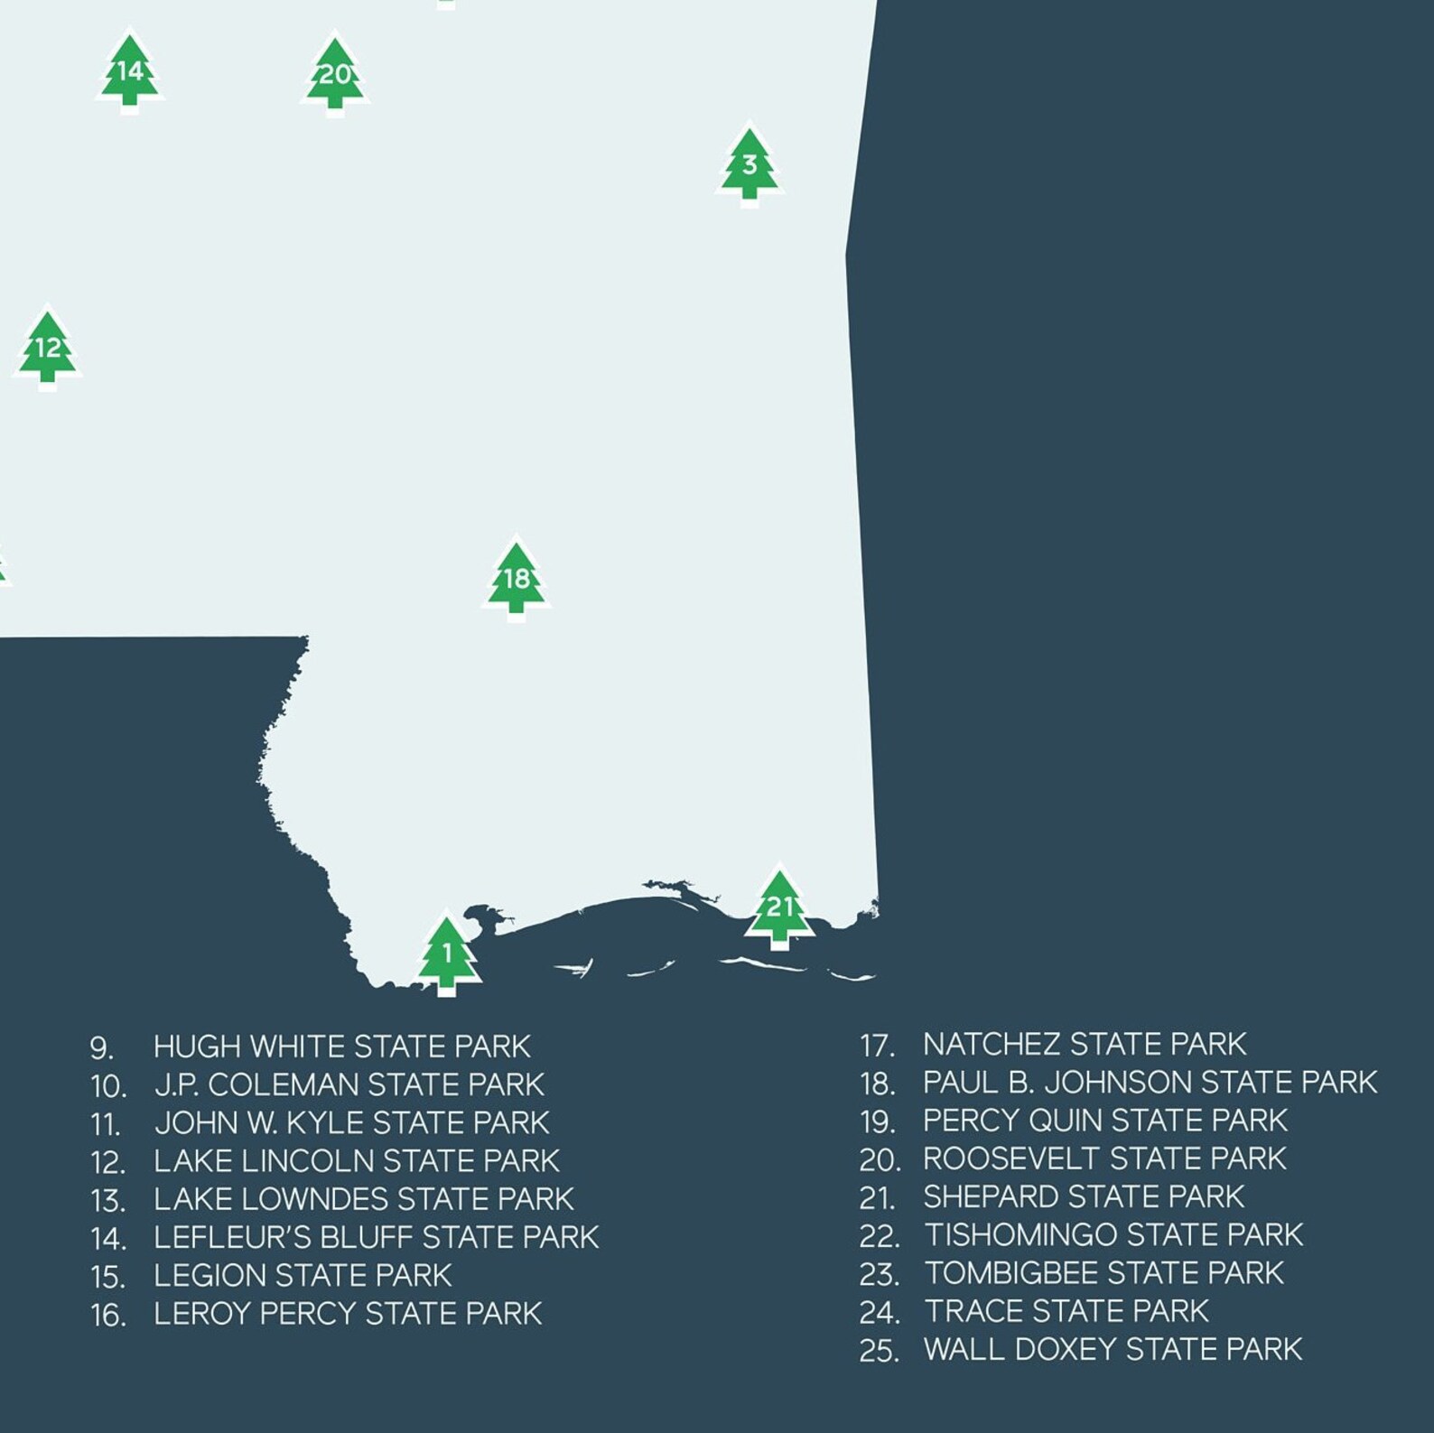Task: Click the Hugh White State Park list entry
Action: tap(341, 1047)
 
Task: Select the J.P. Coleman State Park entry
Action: tap(349, 1084)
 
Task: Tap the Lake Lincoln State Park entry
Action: tap(356, 1160)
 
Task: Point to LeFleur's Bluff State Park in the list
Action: tap(376, 1237)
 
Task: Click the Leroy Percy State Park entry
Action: tap(348, 1314)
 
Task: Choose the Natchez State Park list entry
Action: tap(1084, 1045)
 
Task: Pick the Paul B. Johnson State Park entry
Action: tap(1150, 1082)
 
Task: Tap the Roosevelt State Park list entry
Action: tap(1103, 1158)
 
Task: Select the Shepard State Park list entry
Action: tap(1083, 1197)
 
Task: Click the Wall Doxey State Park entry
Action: tap(1113, 1350)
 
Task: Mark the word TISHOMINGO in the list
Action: tap(1020, 1235)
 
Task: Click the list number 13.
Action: tap(107, 1200)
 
